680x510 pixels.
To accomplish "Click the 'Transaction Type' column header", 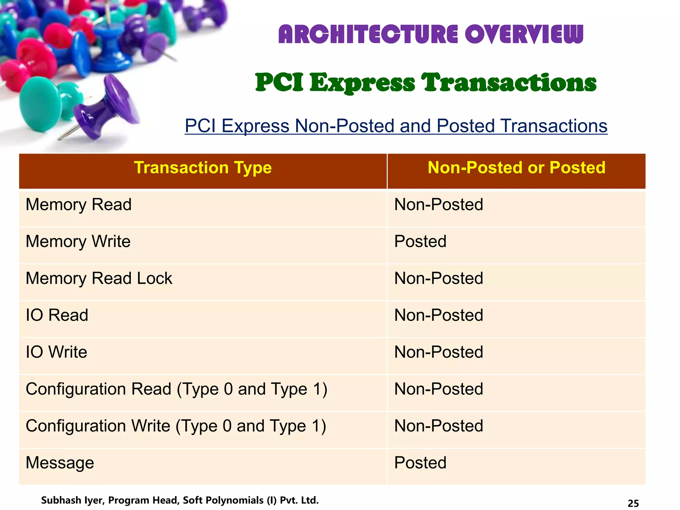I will coord(203,168).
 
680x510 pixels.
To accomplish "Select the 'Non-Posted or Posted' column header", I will coord(516,168).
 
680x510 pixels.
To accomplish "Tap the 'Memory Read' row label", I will coord(79,205).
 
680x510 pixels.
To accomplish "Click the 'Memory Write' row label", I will coord(78,241).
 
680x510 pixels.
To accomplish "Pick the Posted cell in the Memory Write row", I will coord(420,241).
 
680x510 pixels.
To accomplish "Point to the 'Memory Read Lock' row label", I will coord(99,278).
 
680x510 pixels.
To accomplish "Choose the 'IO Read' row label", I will coord(57,315).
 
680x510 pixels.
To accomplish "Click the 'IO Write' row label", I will coord(56,352).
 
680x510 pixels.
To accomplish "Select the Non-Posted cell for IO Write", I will coord(438,352).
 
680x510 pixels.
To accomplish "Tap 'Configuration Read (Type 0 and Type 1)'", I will coord(176,389).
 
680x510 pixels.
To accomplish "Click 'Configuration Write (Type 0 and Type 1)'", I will coord(176,426).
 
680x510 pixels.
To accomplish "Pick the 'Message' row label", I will coord(60,463).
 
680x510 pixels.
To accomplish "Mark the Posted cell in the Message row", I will coord(420,463).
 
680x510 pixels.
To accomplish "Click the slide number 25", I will coord(633,503).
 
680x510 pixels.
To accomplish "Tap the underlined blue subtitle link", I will coord(396,126).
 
